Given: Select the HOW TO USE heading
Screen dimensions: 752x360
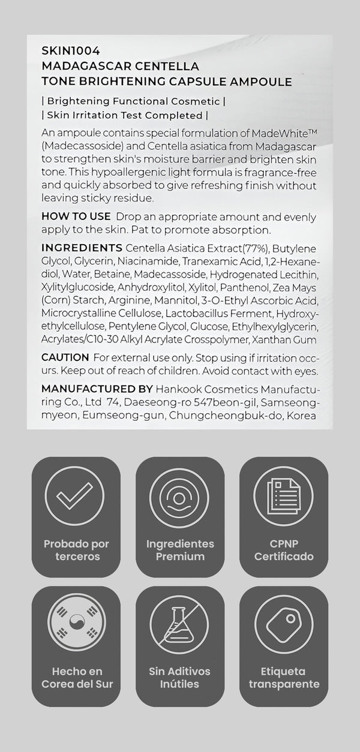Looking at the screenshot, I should point(76,216).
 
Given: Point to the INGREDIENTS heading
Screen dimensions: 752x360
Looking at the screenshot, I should point(82,248).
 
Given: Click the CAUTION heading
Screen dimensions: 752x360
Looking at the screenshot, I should point(65,357).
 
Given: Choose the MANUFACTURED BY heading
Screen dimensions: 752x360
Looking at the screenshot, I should point(97,389).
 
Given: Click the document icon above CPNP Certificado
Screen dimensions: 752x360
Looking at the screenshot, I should point(283,497).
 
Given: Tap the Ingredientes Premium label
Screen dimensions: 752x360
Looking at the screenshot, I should point(180,550).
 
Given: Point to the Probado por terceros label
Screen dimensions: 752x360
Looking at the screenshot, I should point(76,550).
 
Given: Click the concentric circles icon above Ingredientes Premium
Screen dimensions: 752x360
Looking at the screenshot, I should point(180,497).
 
